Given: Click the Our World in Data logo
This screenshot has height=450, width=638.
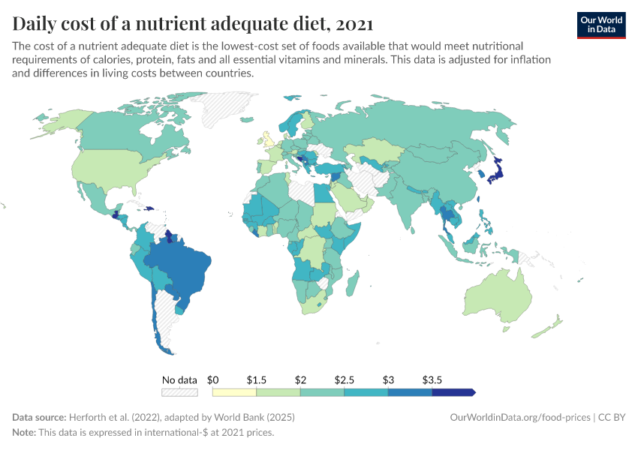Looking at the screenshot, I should pyautogui.click(x=600, y=25).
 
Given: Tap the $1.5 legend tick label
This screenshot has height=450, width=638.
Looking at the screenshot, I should pyautogui.click(x=257, y=380).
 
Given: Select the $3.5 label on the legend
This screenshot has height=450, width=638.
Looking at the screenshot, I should pyautogui.click(x=432, y=380).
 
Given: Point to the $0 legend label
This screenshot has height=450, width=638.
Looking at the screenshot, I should pyautogui.click(x=212, y=380).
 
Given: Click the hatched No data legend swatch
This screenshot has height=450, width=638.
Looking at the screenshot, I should pyautogui.click(x=179, y=392).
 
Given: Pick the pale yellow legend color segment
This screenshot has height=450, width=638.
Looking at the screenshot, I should pyautogui.click(x=234, y=392).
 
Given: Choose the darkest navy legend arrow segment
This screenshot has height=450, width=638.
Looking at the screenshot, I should pyautogui.click(x=453, y=392).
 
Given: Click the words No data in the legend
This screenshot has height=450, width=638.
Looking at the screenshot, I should pyautogui.click(x=179, y=380).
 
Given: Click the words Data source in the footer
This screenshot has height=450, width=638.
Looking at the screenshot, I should pyautogui.click(x=39, y=417).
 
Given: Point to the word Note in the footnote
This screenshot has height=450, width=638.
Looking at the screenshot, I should pyautogui.click(x=25, y=432).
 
